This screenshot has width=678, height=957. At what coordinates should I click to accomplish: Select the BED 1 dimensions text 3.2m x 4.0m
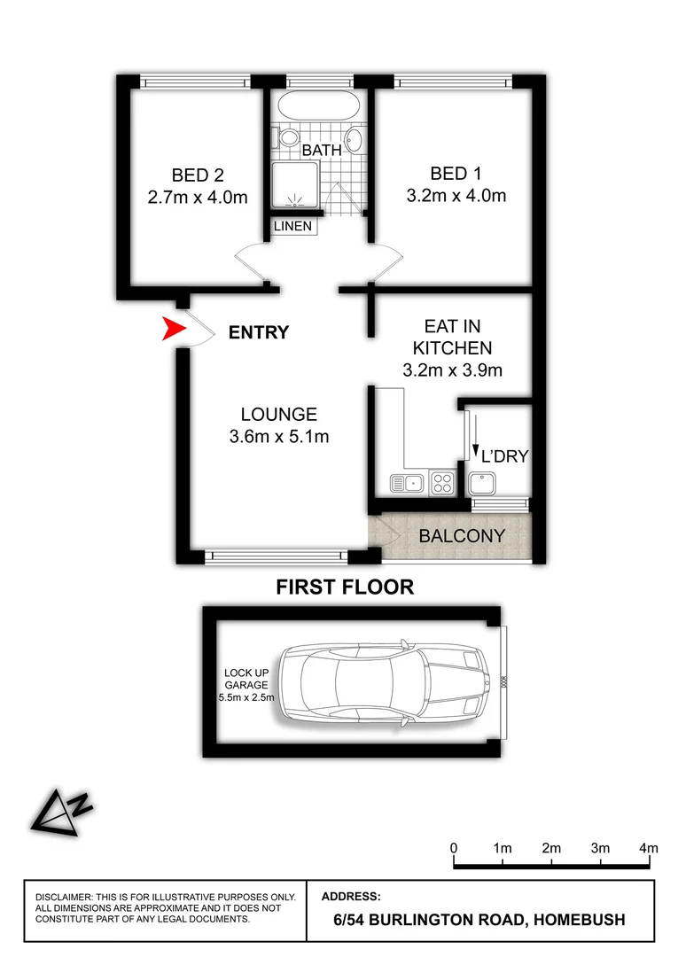pyautogui.click(x=456, y=196)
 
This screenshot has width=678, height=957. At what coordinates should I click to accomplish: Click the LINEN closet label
pyautogui.click(x=292, y=226)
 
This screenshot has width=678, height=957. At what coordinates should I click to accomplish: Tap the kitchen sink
pyautogui.click(x=407, y=483)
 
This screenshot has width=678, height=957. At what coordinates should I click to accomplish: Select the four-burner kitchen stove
pyautogui.click(x=441, y=483)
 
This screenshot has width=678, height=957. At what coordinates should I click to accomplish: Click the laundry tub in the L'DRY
pyautogui.click(x=484, y=482)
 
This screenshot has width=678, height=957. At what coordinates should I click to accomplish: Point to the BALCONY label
pyautogui.click(x=462, y=536)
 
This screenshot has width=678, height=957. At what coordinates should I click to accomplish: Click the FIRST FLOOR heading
pyautogui.click(x=345, y=587)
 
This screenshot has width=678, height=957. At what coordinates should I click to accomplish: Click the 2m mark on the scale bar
pyautogui.click(x=551, y=849)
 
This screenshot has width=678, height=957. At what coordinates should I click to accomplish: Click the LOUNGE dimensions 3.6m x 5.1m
pyautogui.click(x=279, y=436)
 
